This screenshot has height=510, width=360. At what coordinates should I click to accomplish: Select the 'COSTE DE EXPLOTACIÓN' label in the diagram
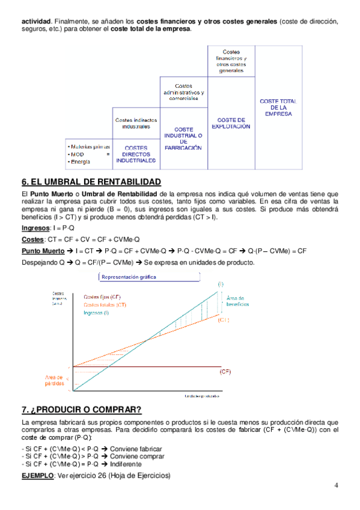tap(231, 123)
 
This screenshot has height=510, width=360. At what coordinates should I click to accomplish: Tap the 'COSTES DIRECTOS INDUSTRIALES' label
tap(136, 155)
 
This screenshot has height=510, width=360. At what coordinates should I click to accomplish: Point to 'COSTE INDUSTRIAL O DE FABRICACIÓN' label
tap(183, 138)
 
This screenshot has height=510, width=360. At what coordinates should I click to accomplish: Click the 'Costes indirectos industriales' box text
tap(136, 123)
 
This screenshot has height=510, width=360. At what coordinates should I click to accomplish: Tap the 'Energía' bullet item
tap(79, 162)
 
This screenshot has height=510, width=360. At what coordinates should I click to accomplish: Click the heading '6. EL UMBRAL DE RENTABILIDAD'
tap(91, 182)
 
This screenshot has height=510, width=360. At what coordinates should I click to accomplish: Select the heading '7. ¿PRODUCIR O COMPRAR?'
tap(81, 410)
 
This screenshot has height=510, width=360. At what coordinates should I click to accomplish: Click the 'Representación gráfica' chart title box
tap(129, 277)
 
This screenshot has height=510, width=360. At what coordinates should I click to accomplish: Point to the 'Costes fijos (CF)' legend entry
tap(102, 297)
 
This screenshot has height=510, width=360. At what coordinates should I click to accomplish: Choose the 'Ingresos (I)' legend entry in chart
tap(97, 312)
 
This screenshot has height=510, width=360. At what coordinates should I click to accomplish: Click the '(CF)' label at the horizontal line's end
tap(225, 372)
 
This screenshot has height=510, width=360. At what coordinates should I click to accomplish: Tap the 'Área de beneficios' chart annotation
tap(234, 301)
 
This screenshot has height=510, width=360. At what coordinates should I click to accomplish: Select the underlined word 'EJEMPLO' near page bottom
tap(37, 476)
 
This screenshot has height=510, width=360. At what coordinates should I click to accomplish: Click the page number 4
tap(337, 486)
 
